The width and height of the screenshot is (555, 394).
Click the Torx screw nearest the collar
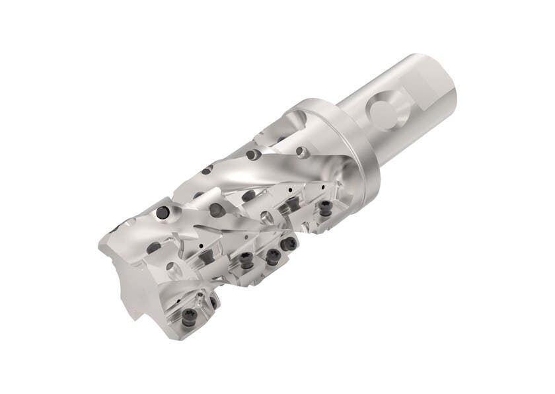pos(325,210)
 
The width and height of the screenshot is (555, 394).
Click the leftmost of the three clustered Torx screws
pos(246,260)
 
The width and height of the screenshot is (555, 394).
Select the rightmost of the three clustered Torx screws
pos(289,244)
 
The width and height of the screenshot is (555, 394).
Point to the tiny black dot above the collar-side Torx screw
pos(322,188)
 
